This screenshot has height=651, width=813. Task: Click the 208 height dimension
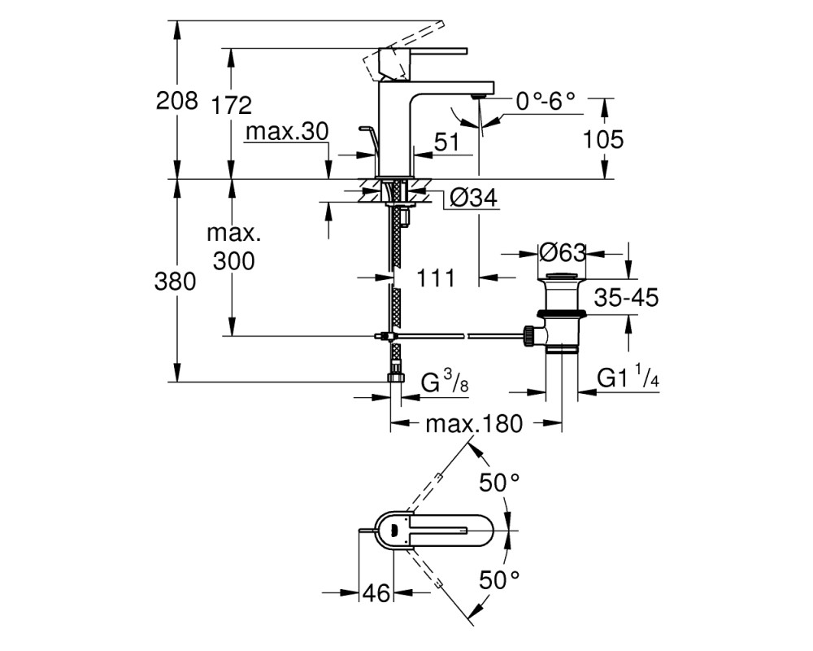[176, 100]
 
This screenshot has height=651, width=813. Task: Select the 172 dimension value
[231, 106]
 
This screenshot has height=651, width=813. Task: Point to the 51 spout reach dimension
[446, 142]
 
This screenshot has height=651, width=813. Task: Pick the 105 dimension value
[603, 140]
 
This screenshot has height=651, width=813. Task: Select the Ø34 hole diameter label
[473, 197]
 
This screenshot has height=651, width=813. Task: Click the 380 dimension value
[176, 282]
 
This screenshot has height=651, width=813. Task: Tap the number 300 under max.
[234, 261]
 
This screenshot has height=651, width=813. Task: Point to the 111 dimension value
[436, 278]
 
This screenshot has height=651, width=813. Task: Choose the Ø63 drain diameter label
[563, 253]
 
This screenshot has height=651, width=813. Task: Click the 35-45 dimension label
[626, 298]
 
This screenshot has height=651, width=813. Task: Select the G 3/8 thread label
[445, 382]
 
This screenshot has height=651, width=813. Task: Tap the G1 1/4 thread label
[628, 378]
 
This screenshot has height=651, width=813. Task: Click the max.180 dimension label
[474, 424]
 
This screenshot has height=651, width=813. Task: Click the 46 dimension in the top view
[376, 592]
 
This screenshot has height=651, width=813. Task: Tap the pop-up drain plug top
[563, 276]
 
